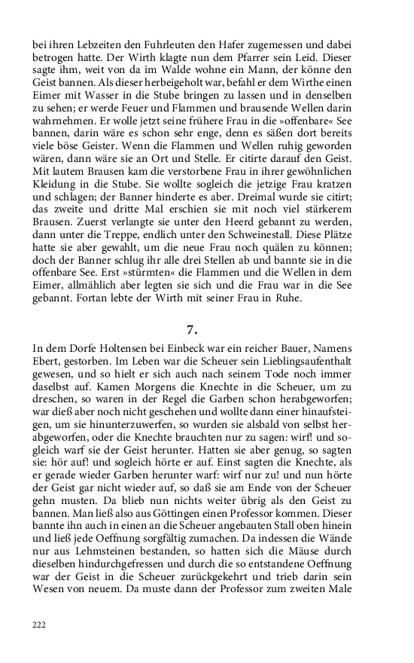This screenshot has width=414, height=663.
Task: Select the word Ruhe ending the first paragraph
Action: coord(284,298)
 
